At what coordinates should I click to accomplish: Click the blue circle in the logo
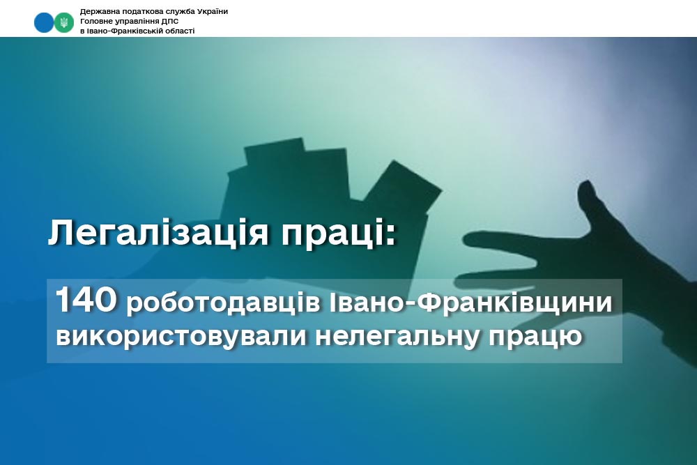pos(44,22)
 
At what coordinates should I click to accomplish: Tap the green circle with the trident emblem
pos(64,22)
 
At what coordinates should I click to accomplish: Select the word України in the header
pos(213,12)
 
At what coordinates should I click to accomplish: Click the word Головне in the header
pos(95,22)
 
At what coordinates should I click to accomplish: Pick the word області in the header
pos(180,31)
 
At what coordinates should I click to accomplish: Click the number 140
pos(86,300)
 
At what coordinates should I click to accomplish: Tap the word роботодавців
pos(223,303)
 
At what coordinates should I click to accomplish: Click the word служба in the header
pos(181,12)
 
